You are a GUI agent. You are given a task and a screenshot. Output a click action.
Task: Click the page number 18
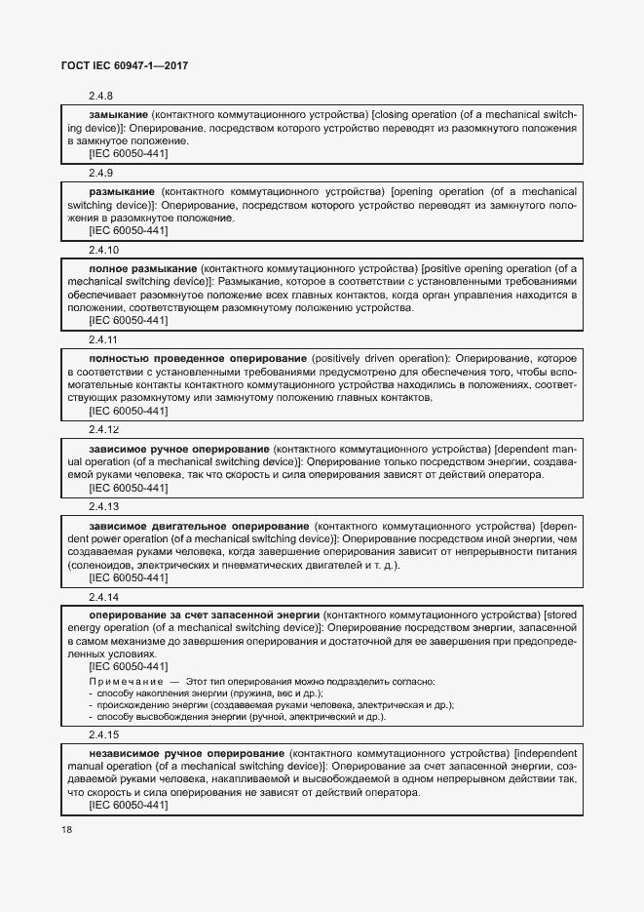[x=67, y=829]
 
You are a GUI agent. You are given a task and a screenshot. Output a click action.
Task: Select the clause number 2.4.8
[x=101, y=97]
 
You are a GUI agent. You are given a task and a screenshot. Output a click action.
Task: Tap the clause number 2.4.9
[x=101, y=173]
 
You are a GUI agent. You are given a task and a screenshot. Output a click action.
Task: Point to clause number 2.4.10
[x=104, y=250]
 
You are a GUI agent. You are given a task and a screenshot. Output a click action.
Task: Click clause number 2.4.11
[x=103, y=339]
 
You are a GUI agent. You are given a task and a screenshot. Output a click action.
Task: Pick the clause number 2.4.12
[x=104, y=428]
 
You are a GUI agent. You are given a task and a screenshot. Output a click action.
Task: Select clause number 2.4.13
[x=104, y=506]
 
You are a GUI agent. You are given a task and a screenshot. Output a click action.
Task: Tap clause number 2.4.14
[x=104, y=596]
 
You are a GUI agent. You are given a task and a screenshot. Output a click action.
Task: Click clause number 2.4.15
[x=104, y=734]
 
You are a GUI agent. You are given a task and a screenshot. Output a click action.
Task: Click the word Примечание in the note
[x=125, y=681]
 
